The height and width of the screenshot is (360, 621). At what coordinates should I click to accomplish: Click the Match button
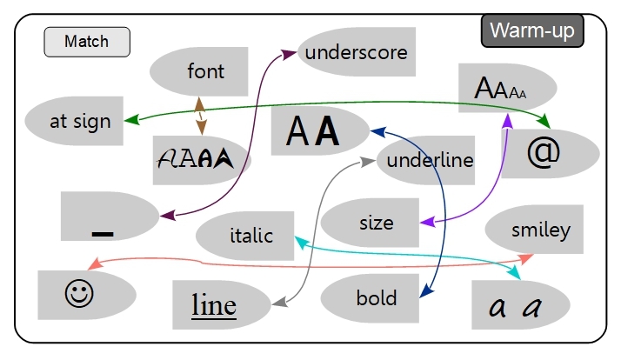tap(87, 42)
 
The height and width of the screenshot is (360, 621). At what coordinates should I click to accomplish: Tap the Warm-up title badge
tap(533, 30)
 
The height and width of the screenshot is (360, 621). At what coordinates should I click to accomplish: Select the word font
tap(205, 71)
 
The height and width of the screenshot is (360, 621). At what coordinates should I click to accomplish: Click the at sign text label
tap(80, 122)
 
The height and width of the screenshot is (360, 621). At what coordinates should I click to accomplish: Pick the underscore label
tap(356, 52)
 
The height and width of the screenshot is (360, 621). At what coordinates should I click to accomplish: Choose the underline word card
tap(430, 160)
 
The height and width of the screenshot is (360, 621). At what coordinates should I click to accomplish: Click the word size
tap(376, 222)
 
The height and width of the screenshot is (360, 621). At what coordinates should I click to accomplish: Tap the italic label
tap(251, 235)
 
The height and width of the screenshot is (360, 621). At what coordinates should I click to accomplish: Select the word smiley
tap(540, 230)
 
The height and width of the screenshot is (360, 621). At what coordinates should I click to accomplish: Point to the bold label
tap(376, 298)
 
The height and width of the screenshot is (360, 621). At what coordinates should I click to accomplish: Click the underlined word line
tap(214, 305)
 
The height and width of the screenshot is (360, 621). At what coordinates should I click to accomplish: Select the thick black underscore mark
tap(103, 233)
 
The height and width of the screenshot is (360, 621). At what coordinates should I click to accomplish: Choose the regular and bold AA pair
tap(313, 131)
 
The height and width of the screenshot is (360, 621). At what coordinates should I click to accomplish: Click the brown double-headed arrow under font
tap(201, 114)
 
